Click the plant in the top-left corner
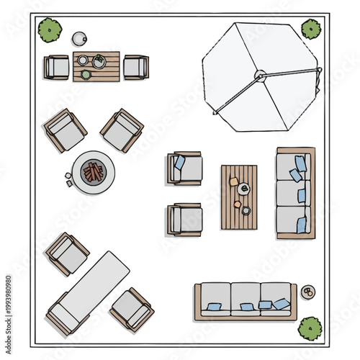(x=50, y=30)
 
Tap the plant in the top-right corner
(x=311, y=29)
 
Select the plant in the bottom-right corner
(x=310, y=328)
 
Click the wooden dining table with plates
(x=96, y=66)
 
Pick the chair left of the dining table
(x=57, y=67)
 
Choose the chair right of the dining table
(x=135, y=67)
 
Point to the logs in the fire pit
(x=94, y=171)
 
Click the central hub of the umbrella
(x=260, y=74)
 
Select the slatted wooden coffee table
(x=239, y=197)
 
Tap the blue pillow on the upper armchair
(x=179, y=163)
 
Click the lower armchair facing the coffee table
(x=185, y=220)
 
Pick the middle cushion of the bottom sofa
(x=246, y=300)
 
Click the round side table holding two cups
(x=307, y=292)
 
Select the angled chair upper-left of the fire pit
(x=66, y=130)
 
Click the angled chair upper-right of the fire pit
(x=122, y=130)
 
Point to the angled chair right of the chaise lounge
(x=132, y=309)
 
